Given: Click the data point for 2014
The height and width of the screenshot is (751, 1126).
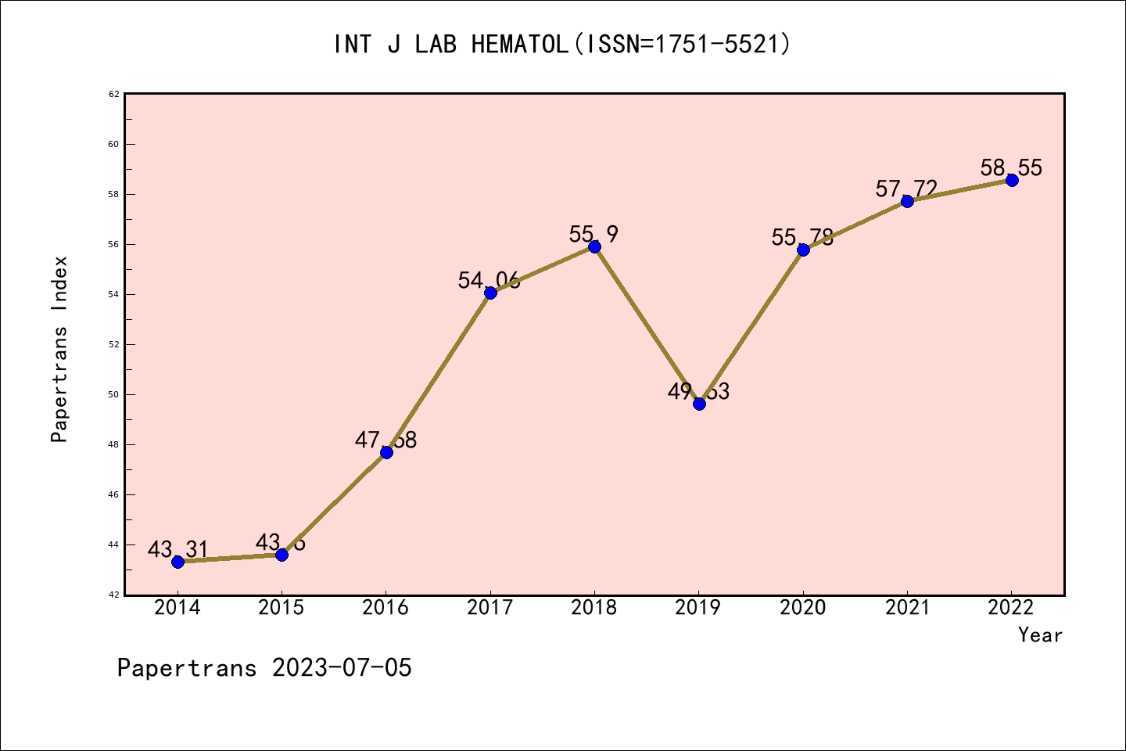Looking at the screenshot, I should point(178,562).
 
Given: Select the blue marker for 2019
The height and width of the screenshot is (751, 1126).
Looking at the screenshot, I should point(699,404).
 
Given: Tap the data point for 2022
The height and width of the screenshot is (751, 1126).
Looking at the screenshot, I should point(1012,180).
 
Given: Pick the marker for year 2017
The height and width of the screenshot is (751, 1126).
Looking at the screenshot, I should point(490,293).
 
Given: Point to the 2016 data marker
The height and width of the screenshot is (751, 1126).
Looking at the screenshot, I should point(386,452).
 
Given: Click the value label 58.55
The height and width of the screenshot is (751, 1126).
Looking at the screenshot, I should point(1011,167).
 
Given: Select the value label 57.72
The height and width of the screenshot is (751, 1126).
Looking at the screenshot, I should point(906,189).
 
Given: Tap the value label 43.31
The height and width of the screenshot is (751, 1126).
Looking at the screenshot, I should point(178,549).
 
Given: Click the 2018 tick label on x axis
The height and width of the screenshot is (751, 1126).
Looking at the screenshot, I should point(594,608).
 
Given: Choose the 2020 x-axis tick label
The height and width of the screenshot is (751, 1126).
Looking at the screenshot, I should point(803,608).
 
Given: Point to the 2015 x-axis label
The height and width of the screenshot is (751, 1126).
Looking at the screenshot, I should point(281,608).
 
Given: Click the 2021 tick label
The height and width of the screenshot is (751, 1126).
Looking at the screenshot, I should point(907,608).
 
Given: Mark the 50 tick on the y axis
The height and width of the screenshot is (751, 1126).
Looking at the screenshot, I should point(113,394).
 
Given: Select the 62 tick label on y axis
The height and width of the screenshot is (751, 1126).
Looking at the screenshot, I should point(113,94).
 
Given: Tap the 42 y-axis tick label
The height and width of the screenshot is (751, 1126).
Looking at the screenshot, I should point(113,595).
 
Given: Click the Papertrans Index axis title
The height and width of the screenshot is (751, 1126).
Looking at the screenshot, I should point(59,349).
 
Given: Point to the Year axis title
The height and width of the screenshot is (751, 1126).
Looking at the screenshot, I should point(1040,635).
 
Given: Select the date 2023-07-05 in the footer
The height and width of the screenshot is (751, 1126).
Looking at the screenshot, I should point(342,668).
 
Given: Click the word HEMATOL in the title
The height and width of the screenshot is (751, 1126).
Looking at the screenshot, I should point(519,45).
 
